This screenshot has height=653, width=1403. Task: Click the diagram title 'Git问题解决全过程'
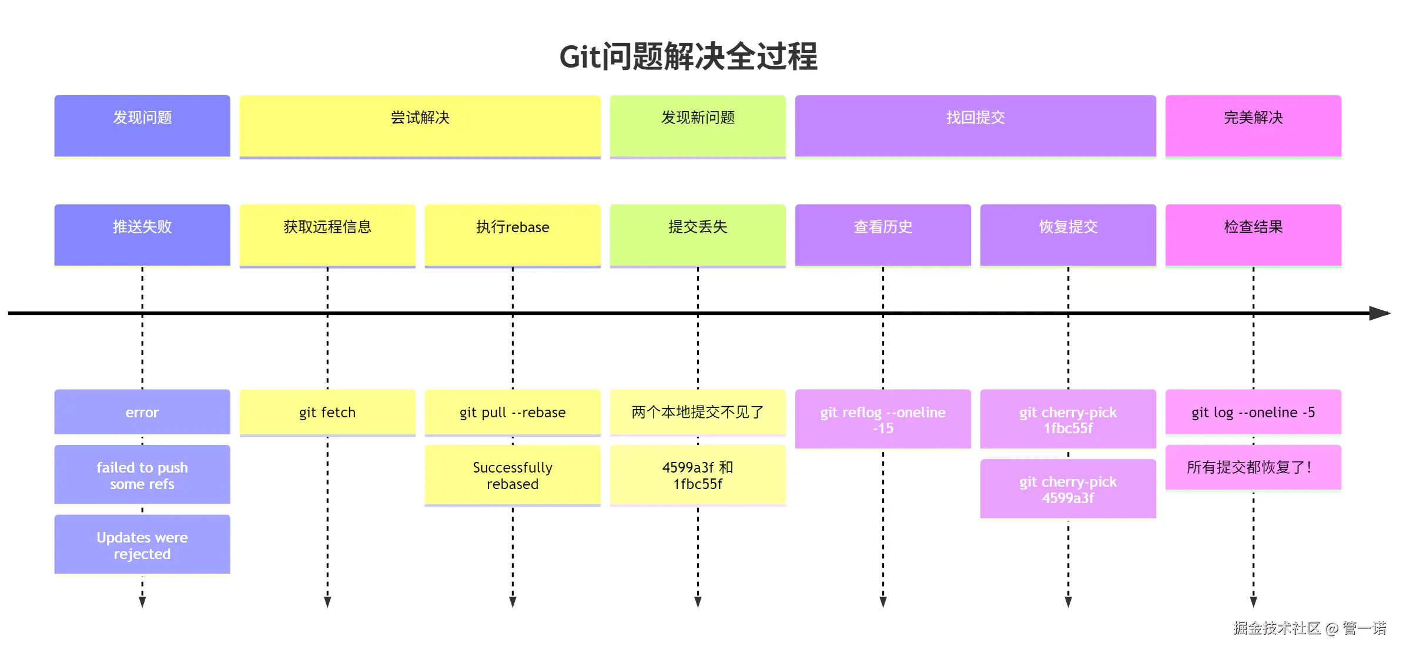click(x=688, y=57)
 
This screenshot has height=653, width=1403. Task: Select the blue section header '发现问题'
click(x=142, y=126)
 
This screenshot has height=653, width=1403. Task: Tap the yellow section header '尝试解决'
click(x=420, y=126)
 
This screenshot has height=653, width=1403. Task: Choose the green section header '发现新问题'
click(x=698, y=126)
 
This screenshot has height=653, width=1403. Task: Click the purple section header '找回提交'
click(x=975, y=126)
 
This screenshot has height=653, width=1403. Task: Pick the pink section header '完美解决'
click(x=1253, y=126)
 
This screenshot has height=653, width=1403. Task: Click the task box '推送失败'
click(x=142, y=235)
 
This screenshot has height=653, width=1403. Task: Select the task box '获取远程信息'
click(x=327, y=235)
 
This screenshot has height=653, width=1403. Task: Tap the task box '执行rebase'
click(x=513, y=235)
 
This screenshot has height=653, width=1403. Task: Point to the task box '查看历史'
click(x=883, y=235)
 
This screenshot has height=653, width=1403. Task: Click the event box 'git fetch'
click(x=327, y=412)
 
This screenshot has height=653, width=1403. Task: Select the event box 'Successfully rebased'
click(x=513, y=475)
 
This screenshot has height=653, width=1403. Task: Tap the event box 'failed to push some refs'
click(x=142, y=475)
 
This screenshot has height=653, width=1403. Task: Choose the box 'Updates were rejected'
click(x=142, y=545)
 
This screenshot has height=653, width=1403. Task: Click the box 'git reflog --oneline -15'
click(x=883, y=419)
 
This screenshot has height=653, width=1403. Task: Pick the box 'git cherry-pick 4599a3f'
click(x=1068, y=489)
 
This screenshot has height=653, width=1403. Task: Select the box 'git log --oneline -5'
click(x=1253, y=412)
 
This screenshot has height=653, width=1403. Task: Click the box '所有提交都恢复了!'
click(x=1253, y=467)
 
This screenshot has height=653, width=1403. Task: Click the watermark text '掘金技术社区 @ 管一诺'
click(x=1309, y=628)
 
